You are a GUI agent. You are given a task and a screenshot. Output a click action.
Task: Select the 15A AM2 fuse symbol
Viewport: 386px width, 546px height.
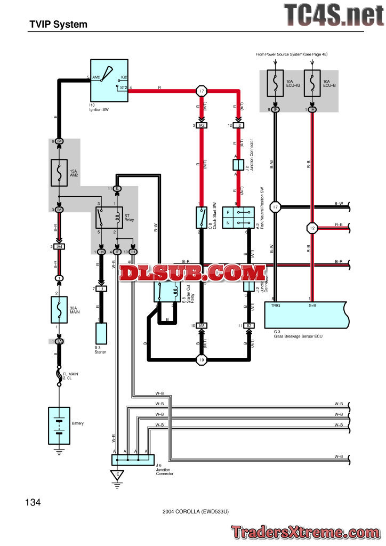pyautogui.click(x=59, y=172)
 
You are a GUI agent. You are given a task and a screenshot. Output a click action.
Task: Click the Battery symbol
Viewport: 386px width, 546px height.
pyautogui.click(x=59, y=425)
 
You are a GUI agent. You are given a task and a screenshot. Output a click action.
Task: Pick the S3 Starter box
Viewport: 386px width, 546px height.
pyautogui.click(x=101, y=333)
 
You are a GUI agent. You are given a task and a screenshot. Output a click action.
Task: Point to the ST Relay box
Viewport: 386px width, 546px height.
pyautogui.click(x=109, y=218)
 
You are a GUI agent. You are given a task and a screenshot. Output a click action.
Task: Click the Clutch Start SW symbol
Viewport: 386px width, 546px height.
pyautogui.click(x=202, y=218)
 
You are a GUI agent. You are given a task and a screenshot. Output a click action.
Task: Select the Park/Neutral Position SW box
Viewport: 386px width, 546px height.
pyautogui.click(x=236, y=218)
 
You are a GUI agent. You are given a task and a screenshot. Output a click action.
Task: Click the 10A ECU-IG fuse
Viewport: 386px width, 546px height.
pyautogui.click(x=276, y=84)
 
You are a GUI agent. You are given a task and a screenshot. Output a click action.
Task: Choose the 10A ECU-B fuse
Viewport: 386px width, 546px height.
pyautogui.click(x=312, y=84)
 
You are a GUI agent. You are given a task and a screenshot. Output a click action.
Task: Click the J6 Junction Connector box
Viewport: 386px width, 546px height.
pyautogui.click(x=133, y=459)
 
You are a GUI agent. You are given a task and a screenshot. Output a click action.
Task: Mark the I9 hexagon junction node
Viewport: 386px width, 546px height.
pyautogui.click(x=202, y=360)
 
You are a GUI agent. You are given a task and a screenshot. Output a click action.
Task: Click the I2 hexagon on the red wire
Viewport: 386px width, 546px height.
pyautogui.click(x=312, y=228)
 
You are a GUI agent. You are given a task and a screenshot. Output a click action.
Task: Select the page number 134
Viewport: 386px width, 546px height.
pyautogui.click(x=33, y=502)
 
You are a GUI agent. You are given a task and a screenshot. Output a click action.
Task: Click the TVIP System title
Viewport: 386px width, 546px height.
pyautogui.click(x=59, y=24)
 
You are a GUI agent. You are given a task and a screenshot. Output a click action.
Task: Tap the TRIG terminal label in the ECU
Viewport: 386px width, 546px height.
pyautogui.click(x=275, y=306)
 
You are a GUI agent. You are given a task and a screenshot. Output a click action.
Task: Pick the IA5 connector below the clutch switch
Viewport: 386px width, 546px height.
pyautogui.click(x=202, y=325)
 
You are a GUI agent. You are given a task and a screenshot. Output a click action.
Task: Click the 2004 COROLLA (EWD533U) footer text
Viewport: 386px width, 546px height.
pyautogui.click(x=196, y=511)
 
